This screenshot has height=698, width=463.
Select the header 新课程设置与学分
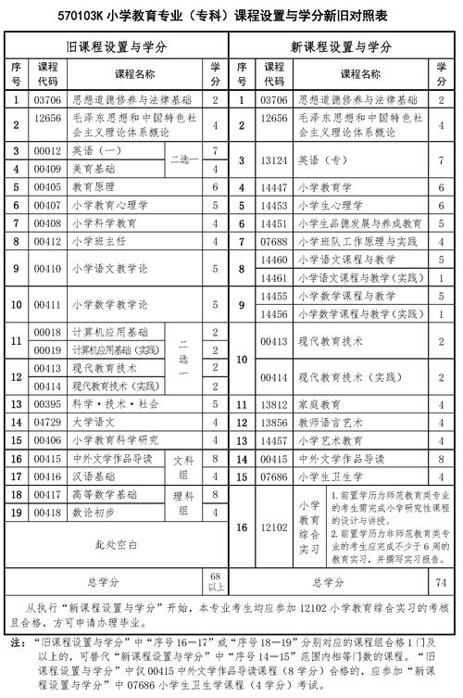pos(348,46)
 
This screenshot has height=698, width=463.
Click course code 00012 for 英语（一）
pos(47,150)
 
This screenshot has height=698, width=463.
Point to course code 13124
pos(274,159)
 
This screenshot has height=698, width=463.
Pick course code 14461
pos(275,277)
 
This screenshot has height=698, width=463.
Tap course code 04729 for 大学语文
pos(47,422)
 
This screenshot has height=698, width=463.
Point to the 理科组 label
pos(181,502)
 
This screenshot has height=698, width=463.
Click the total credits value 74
pos(441,582)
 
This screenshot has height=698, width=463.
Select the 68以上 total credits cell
pos(215,581)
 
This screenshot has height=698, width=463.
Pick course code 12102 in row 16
pos(275,527)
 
